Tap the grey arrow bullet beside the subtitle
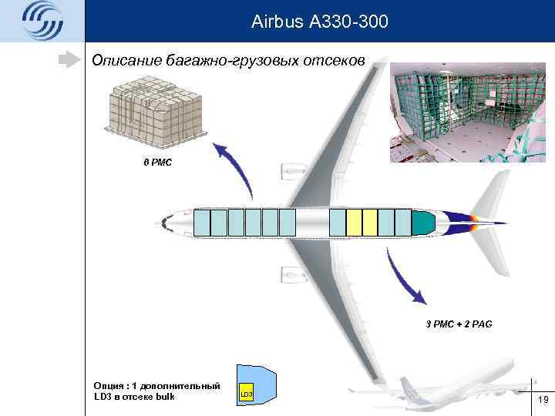click(x=71, y=59)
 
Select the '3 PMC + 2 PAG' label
click(x=458, y=324)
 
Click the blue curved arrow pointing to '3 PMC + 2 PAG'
click(x=409, y=282)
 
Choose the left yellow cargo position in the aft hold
click(x=354, y=223)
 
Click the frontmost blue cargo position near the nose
click(x=201, y=223)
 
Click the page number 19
click(x=542, y=399)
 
